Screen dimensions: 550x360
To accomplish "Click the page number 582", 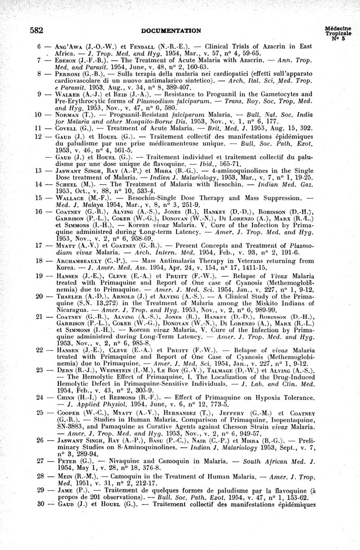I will tap(36, 31).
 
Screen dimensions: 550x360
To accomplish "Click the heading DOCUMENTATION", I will tap(171, 31).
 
